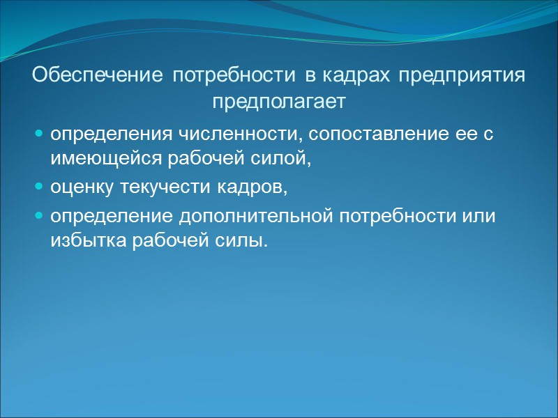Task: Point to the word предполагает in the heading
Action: click(278, 102)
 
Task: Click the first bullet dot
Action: click(39, 132)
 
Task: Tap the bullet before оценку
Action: click(39, 187)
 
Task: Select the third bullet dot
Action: click(39, 215)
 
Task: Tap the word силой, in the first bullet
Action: click(283, 160)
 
